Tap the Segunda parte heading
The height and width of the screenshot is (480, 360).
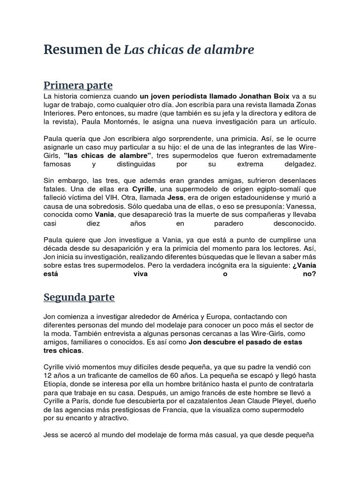pyautogui.click(x=79, y=297)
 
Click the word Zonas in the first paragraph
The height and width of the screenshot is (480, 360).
pyautogui.click(x=305, y=105)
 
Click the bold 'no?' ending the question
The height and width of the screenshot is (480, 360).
pyautogui.click(x=309, y=274)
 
